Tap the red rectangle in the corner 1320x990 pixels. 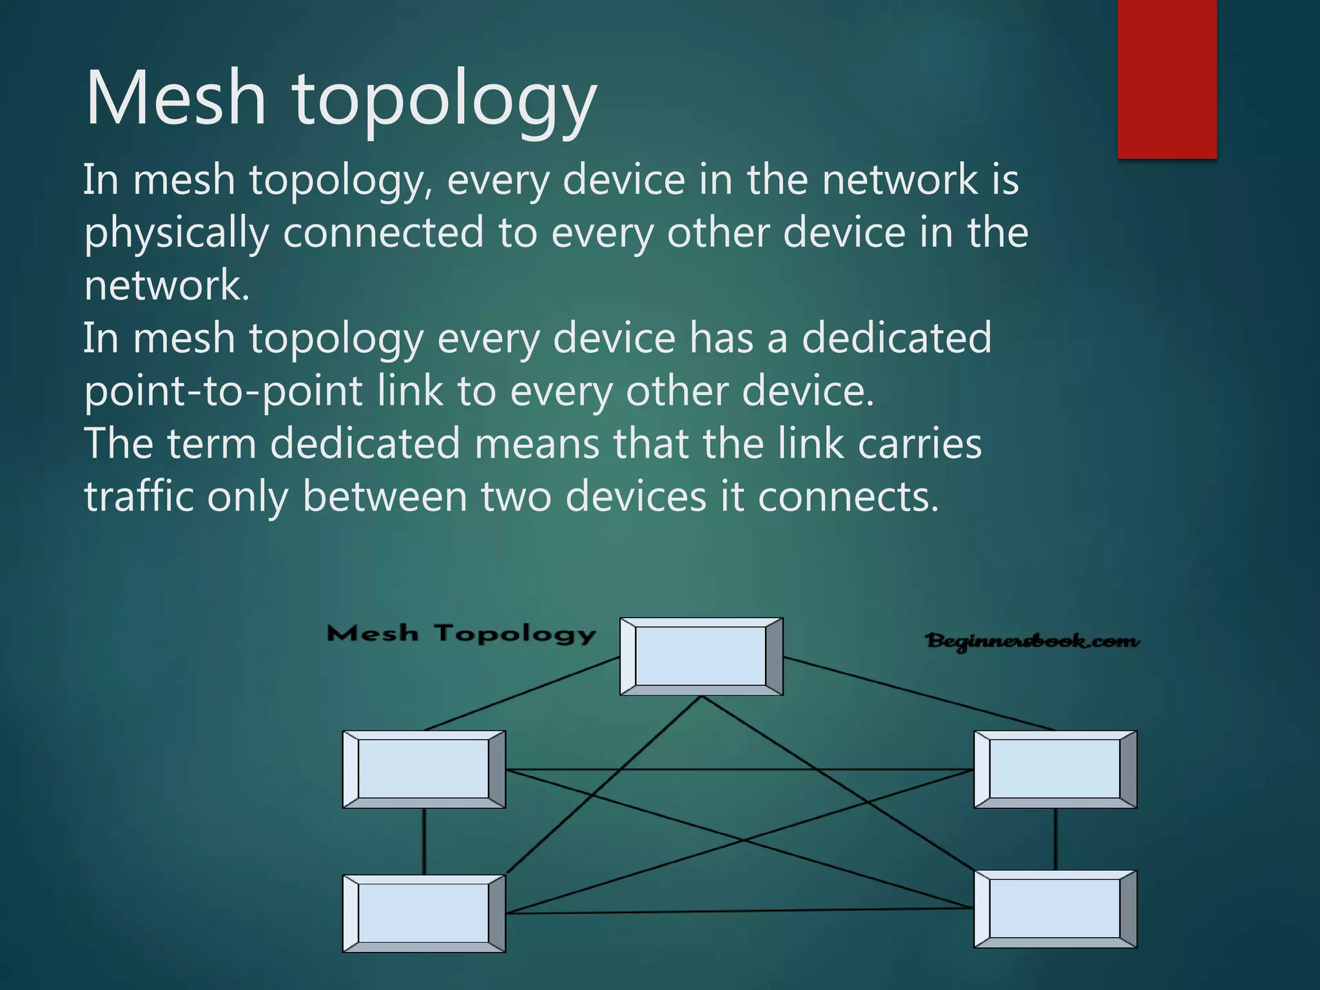[x=1167, y=79]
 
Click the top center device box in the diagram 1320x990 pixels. [x=701, y=656]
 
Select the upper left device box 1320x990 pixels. [x=423, y=769]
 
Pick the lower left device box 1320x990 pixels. [x=423, y=913]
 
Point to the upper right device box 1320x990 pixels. [x=1055, y=769]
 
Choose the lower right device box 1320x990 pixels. [x=1055, y=909]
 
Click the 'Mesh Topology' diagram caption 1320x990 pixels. [x=461, y=634]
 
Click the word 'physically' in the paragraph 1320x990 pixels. [x=176, y=233]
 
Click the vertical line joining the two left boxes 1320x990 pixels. [x=423, y=841]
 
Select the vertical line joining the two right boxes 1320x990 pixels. [x=1055, y=839]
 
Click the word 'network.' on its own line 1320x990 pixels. [x=167, y=286]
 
